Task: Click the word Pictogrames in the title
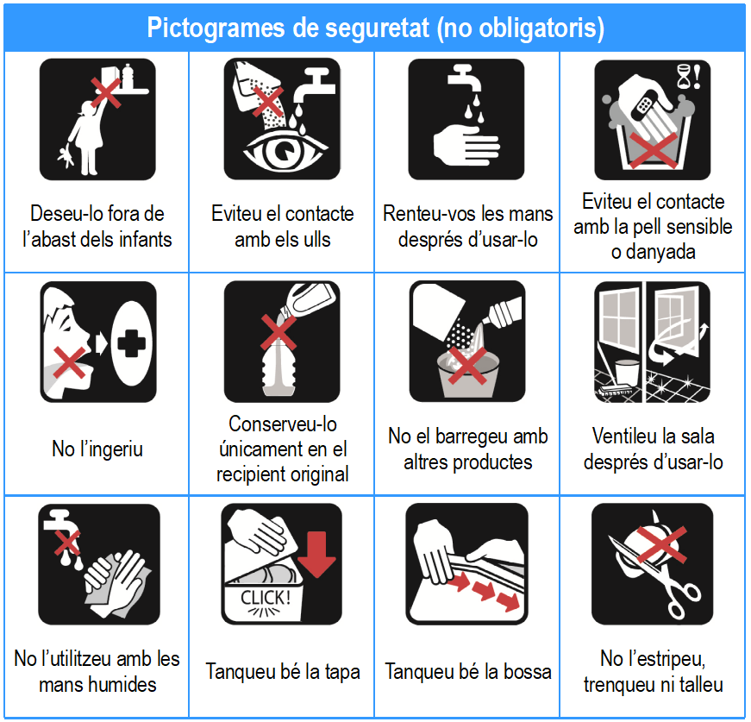pos(216,28)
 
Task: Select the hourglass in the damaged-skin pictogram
pos(684,77)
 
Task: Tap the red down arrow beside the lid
pos(316,554)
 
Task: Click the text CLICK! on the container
pos(266,598)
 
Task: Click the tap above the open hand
pos(464,78)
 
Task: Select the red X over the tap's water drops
pos(66,542)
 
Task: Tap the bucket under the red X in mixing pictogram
pos(467,374)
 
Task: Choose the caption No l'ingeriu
pos(97,449)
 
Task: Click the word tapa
pos(341,672)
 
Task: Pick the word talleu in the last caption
pos(700,685)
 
